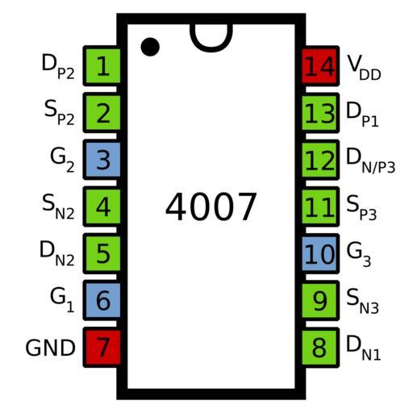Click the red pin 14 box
320,66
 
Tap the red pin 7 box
102,348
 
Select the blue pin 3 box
102,160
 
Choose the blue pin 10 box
320,254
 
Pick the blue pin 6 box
102,300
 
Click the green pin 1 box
102,66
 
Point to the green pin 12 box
320,160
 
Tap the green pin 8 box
320,348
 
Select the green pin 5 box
102,253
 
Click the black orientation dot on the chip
150,47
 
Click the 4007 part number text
211,206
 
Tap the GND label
50,348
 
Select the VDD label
364,67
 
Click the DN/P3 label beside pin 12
370,161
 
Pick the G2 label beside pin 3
62,161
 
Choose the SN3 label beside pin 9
362,301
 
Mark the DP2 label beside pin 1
58,66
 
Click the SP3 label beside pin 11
361,207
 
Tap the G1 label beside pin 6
62,300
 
